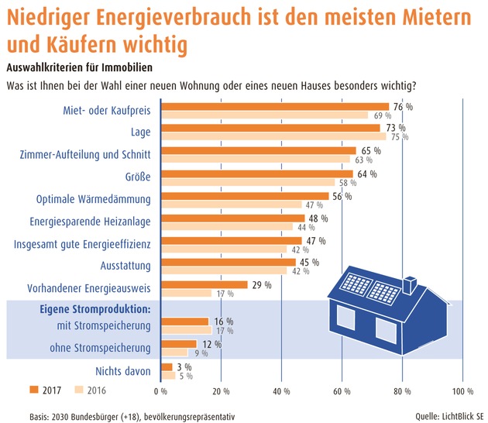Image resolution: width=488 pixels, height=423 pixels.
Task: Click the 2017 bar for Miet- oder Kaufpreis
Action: [274, 107]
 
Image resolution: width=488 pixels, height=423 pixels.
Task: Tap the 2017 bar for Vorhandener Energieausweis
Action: [204, 285]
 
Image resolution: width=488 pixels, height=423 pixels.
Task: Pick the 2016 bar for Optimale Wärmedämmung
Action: [231, 205]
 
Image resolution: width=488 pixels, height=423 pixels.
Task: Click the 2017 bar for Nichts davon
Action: [167, 366]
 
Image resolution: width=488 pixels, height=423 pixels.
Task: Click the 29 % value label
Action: [261, 285]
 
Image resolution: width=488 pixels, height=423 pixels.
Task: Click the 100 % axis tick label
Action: [462, 390]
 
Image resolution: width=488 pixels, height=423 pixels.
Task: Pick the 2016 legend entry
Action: [91, 390]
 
